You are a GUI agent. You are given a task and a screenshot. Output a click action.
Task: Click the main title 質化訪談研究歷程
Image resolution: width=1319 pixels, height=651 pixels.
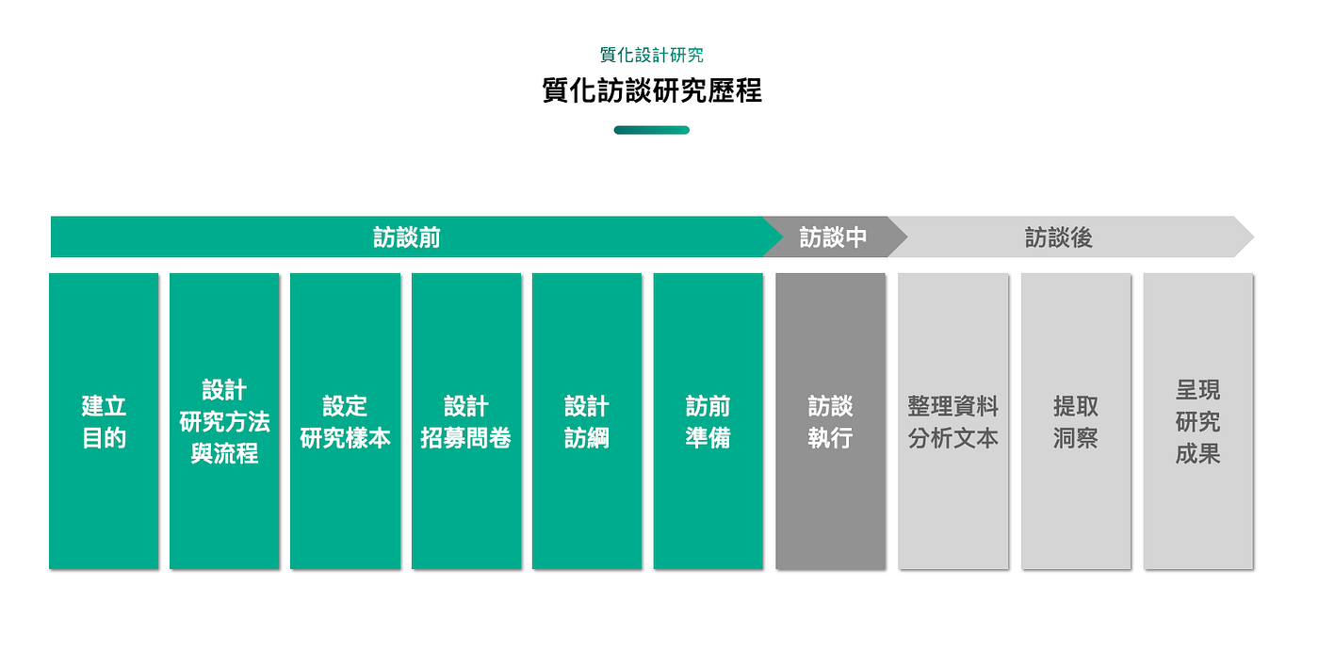[x=652, y=90]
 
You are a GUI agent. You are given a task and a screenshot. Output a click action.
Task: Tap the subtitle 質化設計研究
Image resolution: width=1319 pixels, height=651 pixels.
[x=652, y=56]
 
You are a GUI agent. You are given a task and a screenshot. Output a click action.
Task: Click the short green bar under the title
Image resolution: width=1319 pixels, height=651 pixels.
[x=652, y=130]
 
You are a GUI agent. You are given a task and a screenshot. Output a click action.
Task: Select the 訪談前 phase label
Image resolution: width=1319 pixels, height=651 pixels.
[x=407, y=237]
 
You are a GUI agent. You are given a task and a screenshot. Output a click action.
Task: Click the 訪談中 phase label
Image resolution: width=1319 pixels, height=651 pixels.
[x=833, y=237]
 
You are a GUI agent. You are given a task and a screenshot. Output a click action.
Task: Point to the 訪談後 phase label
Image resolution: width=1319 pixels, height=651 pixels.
[x=1059, y=237]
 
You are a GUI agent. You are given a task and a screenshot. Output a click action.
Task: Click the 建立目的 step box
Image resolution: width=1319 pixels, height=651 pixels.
[x=104, y=421]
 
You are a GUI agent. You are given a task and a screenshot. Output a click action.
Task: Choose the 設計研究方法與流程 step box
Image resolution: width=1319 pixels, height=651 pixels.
[x=224, y=421]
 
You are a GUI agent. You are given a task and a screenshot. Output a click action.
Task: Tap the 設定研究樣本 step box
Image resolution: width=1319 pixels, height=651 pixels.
[x=345, y=421]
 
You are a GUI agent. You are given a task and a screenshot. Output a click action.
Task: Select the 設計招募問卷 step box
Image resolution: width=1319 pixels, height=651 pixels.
[x=466, y=421]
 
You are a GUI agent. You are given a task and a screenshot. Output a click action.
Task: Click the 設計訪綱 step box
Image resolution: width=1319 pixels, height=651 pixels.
[x=587, y=421]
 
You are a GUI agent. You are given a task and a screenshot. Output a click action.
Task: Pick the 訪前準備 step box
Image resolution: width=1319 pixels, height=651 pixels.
[x=708, y=421]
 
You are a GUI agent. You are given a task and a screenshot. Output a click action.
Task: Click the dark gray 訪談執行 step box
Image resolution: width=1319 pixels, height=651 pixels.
[x=831, y=421]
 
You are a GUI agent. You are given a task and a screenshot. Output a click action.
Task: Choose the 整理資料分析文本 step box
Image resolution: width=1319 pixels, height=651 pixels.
[x=953, y=421]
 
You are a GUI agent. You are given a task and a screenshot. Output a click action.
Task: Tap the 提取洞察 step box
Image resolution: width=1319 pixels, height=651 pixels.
[x=1076, y=421]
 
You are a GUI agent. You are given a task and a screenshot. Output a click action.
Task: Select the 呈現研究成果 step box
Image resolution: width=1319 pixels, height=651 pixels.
[x=1198, y=421]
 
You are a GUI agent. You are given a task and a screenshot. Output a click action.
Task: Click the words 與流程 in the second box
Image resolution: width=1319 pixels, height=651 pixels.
[x=224, y=454]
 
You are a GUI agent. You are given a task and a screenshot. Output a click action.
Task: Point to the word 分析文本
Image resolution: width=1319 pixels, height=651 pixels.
[x=953, y=438]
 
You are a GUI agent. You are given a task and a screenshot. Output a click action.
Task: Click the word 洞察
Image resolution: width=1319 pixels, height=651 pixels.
[x=1076, y=438]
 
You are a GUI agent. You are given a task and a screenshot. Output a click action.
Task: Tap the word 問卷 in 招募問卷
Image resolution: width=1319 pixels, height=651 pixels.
[x=489, y=438]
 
